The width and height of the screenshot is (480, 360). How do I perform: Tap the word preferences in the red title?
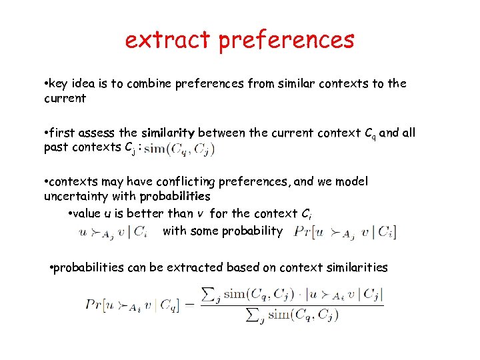tap(287, 41)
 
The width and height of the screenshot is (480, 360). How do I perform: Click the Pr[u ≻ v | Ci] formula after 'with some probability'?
tap(345, 232)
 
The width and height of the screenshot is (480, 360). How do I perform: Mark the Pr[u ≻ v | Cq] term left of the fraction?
tap(132, 304)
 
